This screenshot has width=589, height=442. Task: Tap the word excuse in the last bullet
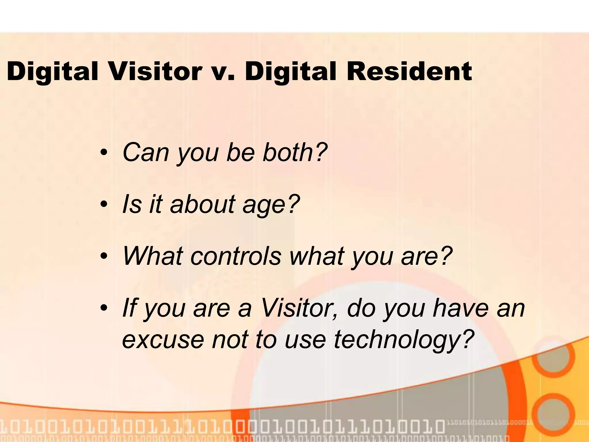click(x=162, y=340)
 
